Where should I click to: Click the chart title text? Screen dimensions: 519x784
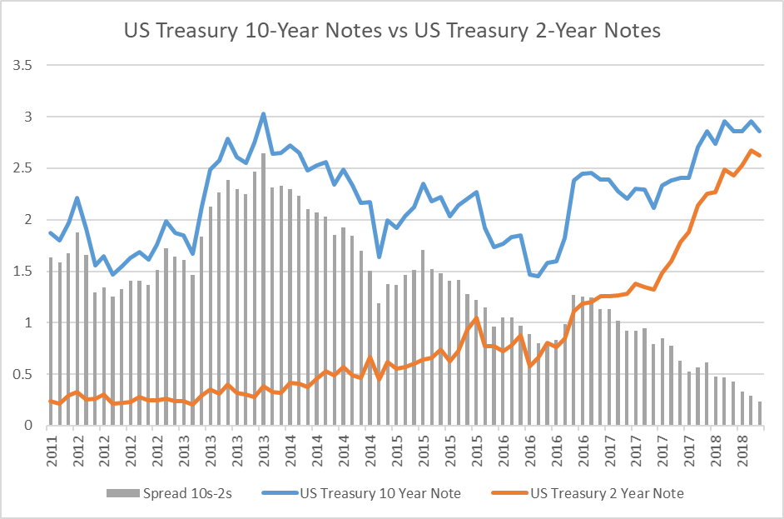392,31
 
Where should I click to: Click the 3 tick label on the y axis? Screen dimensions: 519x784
27,117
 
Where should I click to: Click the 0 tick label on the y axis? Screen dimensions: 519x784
27,426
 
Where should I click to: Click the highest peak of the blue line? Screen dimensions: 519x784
263,113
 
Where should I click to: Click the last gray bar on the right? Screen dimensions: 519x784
759,413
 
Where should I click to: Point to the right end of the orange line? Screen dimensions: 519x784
759,156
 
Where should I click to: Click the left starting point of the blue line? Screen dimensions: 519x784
51,232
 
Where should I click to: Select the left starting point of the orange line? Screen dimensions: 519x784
51,401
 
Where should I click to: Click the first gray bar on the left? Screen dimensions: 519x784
51,342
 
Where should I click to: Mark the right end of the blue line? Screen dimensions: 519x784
759,131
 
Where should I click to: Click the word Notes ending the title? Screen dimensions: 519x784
631,31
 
